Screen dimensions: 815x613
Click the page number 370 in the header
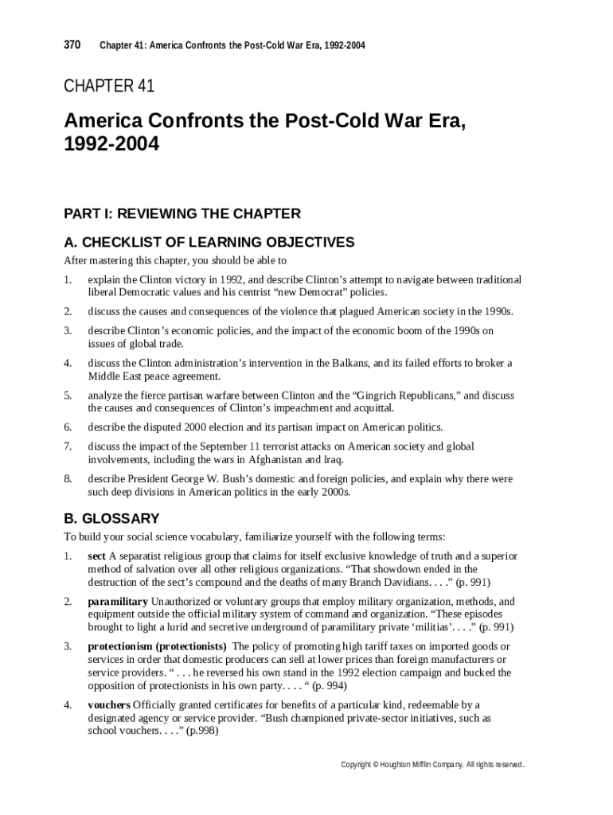[x=72, y=45]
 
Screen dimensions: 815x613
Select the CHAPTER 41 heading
[x=109, y=86]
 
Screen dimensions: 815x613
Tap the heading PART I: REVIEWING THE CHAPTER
[x=182, y=213]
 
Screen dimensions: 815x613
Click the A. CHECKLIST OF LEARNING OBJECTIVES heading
[x=209, y=242]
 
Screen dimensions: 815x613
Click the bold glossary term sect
[x=96, y=556]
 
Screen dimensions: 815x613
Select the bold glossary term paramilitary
[x=118, y=601]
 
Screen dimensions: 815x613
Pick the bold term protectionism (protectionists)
[x=157, y=646]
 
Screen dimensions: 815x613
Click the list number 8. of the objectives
[x=68, y=479]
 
